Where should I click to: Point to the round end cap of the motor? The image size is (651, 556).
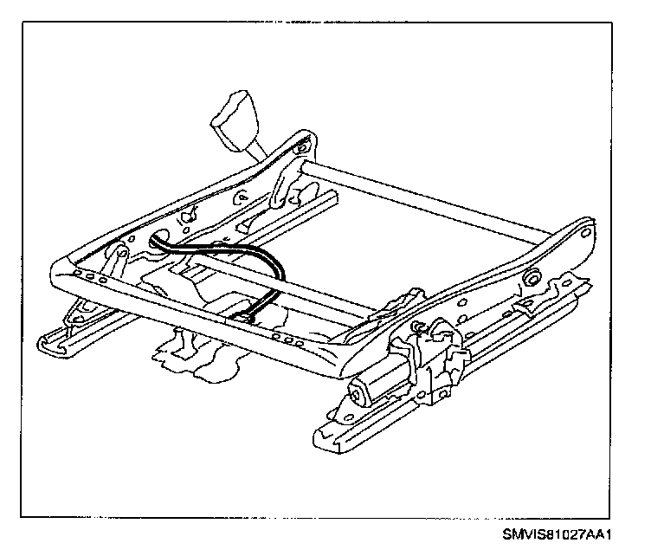(355, 395)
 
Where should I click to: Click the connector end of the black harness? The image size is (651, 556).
(245, 316)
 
